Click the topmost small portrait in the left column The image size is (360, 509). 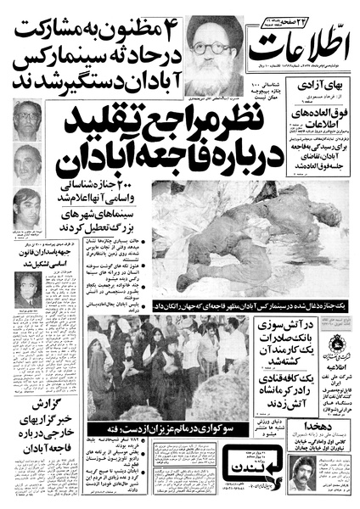27,120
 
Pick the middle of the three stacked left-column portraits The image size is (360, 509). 27,164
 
